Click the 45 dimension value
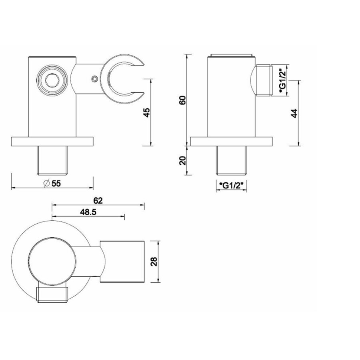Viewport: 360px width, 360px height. coord(147,112)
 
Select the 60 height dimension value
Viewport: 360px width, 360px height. coord(182,100)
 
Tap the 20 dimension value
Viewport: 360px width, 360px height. coord(182,160)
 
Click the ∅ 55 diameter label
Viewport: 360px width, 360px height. coord(52,184)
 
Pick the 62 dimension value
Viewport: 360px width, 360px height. coord(98,200)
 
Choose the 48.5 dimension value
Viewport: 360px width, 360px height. coord(88,212)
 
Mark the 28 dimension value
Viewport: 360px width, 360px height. coord(154,262)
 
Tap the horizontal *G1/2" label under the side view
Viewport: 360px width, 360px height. coord(232,185)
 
